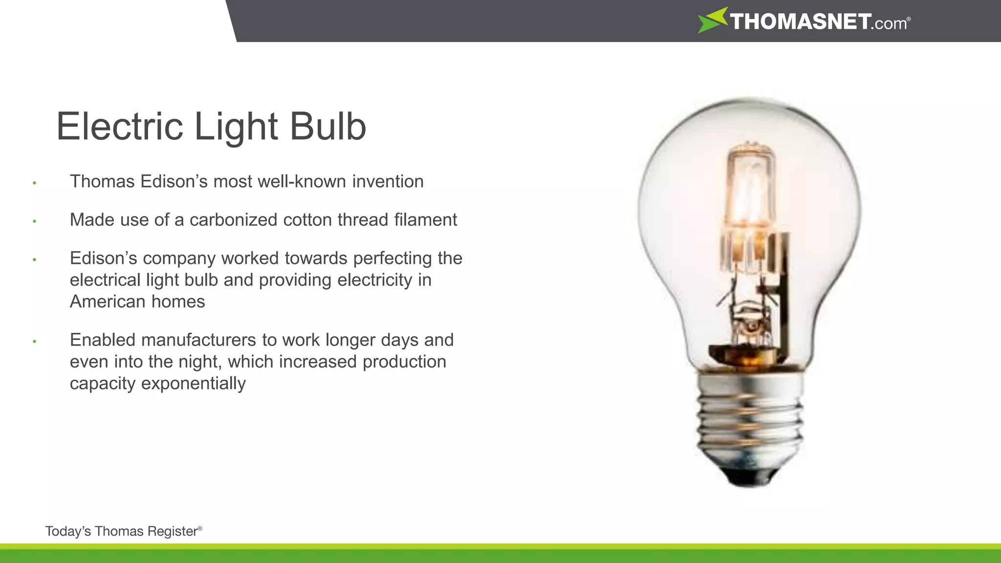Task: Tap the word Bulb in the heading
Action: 328,127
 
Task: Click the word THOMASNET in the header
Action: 800,22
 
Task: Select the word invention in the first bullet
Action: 388,182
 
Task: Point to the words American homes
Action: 137,302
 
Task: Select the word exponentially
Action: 193,383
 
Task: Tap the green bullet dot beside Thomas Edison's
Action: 35,183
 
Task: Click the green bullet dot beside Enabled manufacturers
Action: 35,341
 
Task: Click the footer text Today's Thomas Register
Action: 122,531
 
